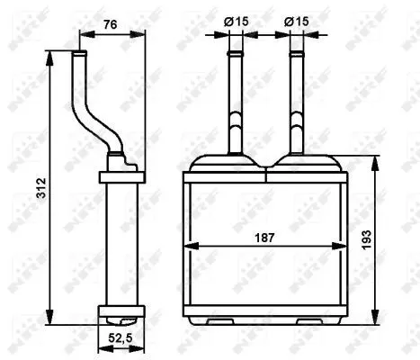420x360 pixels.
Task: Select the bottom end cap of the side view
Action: pos(119,316)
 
